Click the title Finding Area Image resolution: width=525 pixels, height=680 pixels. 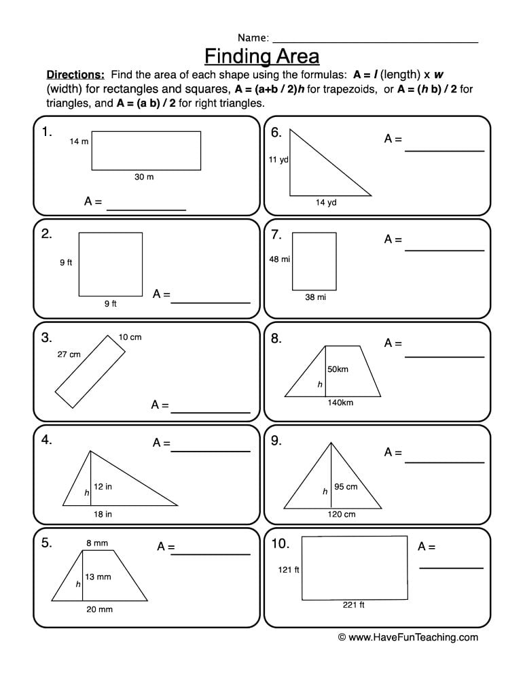(261, 54)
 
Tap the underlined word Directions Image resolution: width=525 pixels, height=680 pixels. (75, 75)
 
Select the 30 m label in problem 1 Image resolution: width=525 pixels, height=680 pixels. (144, 177)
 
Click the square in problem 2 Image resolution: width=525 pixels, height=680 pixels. (111, 265)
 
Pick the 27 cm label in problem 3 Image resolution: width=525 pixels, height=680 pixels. (69, 354)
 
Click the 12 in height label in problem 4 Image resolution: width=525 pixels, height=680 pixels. (103, 486)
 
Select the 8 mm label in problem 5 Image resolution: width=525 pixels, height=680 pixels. (96, 543)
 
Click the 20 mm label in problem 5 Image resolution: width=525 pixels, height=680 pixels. (99, 609)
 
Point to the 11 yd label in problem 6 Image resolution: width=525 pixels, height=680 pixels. (278, 160)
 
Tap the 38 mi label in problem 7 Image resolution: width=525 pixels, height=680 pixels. (315, 297)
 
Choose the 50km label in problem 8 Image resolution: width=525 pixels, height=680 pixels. (338, 369)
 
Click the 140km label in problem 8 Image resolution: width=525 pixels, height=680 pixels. (340, 403)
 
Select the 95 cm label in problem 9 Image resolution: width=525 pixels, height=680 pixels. (346, 486)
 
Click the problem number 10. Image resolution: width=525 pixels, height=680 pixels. (280, 543)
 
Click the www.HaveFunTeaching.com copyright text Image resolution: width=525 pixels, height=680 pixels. (408, 637)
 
